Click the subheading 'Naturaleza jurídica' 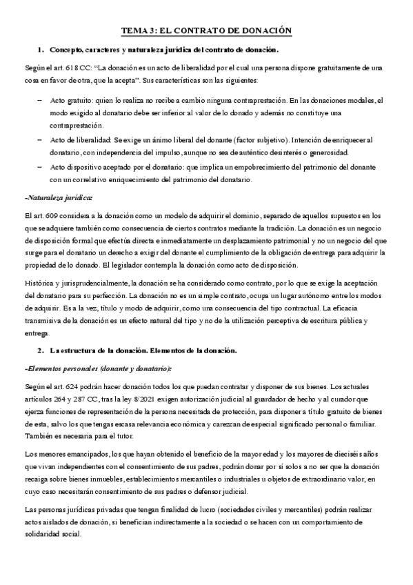tap(58, 198)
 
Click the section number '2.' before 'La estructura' tap(40, 350)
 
